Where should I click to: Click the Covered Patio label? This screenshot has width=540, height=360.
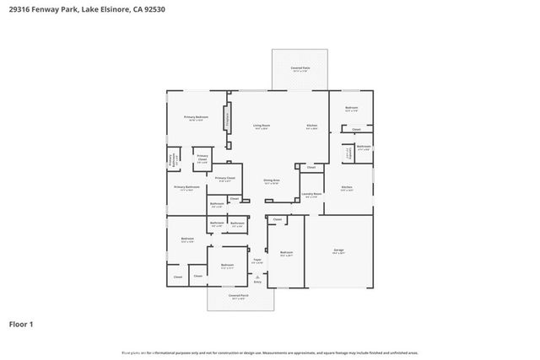click(299, 69)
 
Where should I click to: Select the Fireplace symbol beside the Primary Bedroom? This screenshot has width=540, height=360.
click(226, 118)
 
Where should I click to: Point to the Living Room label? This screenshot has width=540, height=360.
click(262, 126)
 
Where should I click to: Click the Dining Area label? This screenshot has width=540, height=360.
click(271, 180)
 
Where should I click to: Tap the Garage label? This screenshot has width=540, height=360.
click(338, 250)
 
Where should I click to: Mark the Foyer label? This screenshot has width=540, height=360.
click(258, 261)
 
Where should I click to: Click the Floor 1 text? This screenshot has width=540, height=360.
click(21, 324)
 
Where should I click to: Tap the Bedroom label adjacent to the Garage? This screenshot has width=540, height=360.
click(286, 252)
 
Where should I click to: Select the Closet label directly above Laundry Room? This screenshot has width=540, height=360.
click(310, 168)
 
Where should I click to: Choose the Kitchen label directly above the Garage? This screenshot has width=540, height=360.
click(347, 188)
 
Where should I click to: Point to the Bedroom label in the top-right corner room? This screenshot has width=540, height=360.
click(351, 108)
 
